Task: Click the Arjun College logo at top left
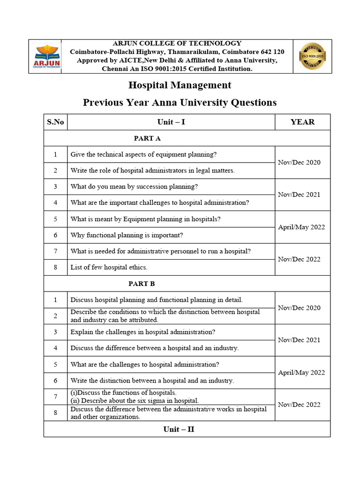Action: click(45, 56)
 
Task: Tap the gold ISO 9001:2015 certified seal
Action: click(312, 56)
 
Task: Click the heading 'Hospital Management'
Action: click(180, 85)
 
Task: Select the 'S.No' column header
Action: click(55, 122)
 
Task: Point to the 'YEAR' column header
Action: click(302, 122)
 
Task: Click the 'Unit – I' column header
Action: click(171, 122)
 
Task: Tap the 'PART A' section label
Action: click(147, 138)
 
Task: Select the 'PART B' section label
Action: click(142, 284)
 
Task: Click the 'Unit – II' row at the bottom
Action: click(179, 429)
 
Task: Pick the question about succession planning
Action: click(134, 187)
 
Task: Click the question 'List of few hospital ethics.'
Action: click(109, 267)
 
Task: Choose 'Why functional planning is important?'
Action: click(127, 235)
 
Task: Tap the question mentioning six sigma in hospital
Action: click(135, 400)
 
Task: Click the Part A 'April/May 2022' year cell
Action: click(301, 227)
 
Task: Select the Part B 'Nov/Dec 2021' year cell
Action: click(299, 340)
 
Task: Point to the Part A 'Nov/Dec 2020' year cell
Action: click(299, 162)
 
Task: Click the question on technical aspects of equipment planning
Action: click(143, 154)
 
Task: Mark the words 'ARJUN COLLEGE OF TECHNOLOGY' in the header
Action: click(177, 43)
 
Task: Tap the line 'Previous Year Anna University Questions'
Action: click(180, 102)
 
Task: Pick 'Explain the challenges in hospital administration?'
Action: click(143, 332)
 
